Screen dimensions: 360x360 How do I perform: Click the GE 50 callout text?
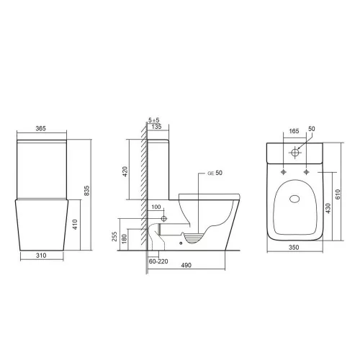tap(216, 174)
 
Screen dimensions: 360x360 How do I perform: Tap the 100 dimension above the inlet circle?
tap(156, 207)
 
